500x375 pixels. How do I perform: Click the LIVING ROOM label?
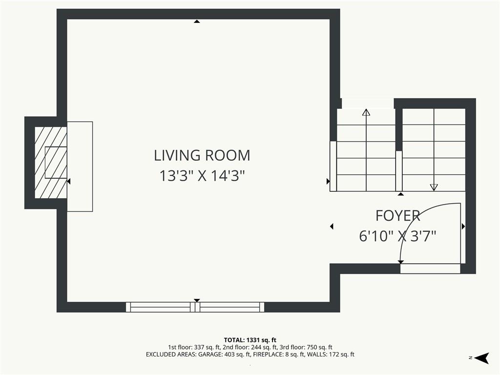coord(202,155)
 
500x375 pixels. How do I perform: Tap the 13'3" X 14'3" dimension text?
coord(202,176)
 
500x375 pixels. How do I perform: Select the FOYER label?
coord(397,216)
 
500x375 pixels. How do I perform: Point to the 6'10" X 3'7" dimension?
coord(397,236)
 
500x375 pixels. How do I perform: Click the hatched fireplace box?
coord(51,162)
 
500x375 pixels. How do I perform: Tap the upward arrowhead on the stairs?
coord(366,112)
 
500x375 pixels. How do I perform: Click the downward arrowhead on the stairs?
coord(434,187)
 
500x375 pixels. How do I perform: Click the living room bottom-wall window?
coord(195,307)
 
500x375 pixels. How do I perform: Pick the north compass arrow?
coord(482,358)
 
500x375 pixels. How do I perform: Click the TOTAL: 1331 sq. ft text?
coord(250,340)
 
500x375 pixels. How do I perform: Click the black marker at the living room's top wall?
coord(197,21)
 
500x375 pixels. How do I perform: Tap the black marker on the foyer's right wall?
coord(463,227)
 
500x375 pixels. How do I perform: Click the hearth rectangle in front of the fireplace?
coord(80,167)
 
